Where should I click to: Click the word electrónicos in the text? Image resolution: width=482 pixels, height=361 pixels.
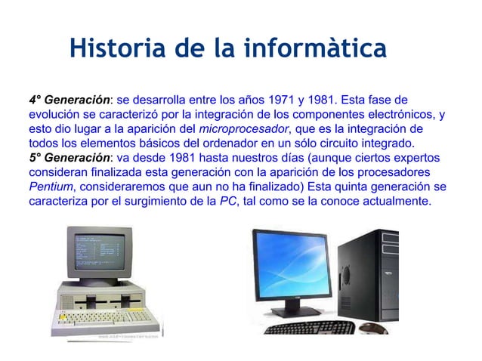pos(399,115)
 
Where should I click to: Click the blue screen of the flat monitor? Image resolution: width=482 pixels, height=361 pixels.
pos(292,264)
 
